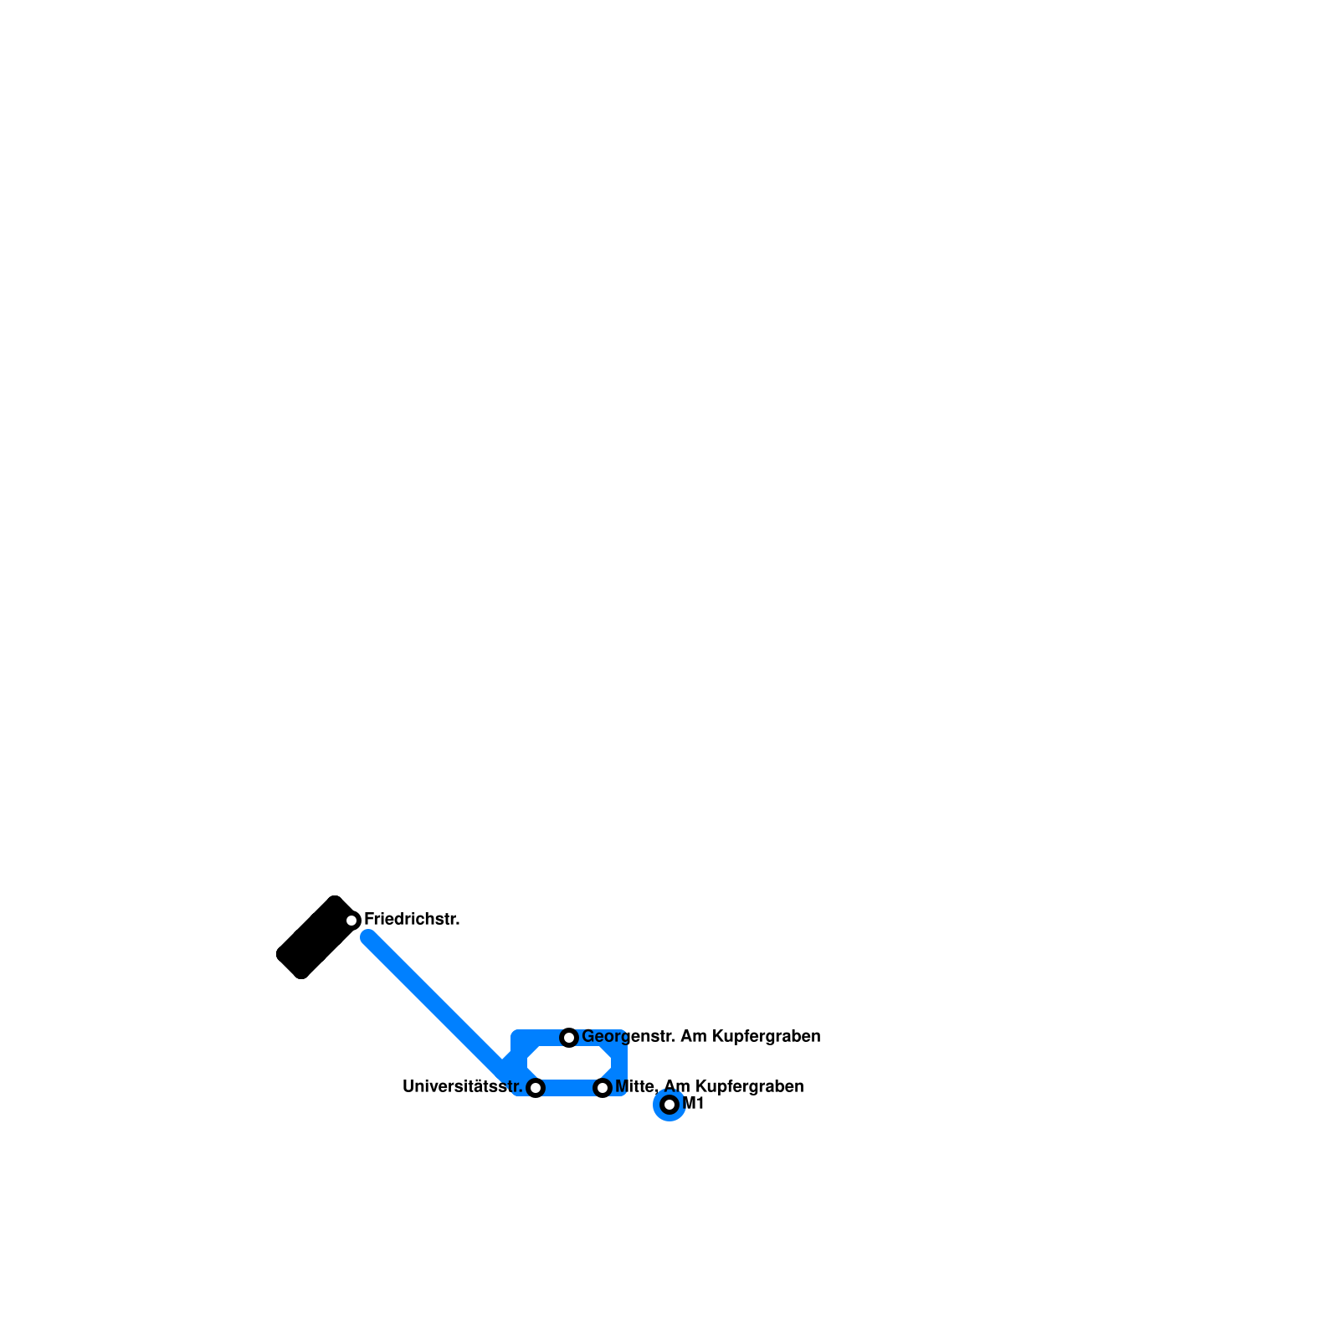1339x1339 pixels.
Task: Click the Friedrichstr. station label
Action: pos(412,920)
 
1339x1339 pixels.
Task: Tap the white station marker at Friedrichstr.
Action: pos(352,921)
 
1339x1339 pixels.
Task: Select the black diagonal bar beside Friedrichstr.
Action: pos(314,937)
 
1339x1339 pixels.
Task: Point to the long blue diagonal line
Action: pos(435,1003)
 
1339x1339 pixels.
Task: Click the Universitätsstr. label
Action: pos(462,1087)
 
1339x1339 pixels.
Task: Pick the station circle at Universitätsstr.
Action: pos(536,1088)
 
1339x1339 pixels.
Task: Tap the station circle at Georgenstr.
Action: pos(569,1038)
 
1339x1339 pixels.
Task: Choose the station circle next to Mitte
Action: pos(603,1088)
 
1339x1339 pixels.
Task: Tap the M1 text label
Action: pos(694,1104)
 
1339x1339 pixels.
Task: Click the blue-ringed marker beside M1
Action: pos(669,1105)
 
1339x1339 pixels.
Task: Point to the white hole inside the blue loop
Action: pos(569,1063)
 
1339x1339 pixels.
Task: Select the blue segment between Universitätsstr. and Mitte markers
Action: pos(569,1088)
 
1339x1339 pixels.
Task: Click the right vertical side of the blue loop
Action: pos(619,1063)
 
